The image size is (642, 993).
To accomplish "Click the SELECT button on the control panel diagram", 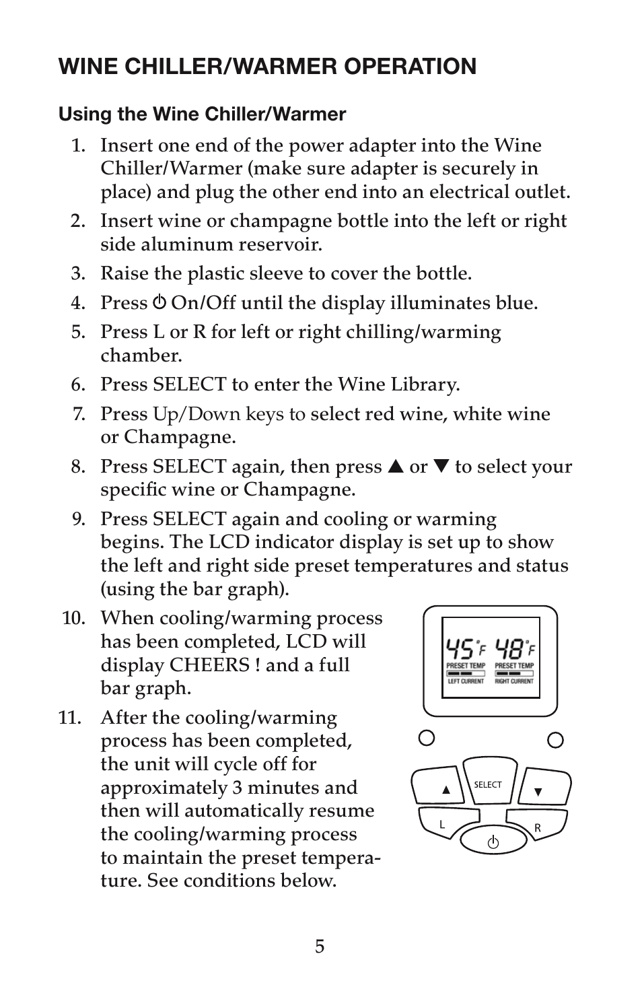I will (x=489, y=782).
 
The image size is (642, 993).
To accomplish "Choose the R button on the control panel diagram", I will (x=536, y=827).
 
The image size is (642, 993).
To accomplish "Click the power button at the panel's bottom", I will (x=493, y=842).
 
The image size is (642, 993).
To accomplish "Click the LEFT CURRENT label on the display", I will (x=466, y=681).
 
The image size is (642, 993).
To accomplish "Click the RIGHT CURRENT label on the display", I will (x=515, y=681).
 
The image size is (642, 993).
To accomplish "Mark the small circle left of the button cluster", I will (x=427, y=738).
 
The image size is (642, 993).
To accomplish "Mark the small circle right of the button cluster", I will (x=555, y=740).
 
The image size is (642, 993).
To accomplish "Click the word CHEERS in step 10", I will (x=209, y=664).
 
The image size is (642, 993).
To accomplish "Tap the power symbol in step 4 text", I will (x=159, y=302).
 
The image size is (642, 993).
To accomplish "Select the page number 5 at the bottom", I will (x=320, y=947).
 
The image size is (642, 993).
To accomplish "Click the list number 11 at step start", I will (x=70, y=718).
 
